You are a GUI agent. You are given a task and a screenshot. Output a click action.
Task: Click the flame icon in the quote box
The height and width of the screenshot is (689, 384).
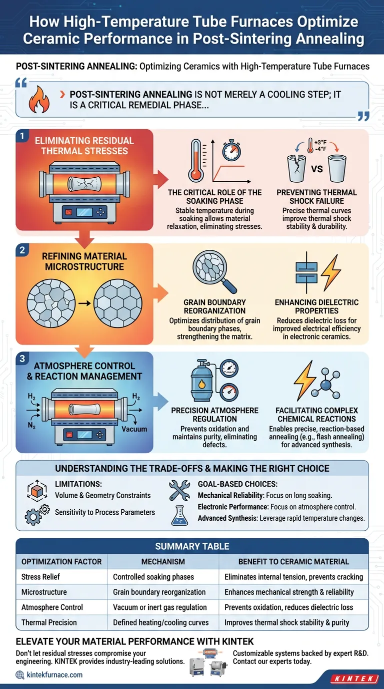click(39, 99)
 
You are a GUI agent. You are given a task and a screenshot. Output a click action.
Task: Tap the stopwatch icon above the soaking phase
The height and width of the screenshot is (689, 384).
click(231, 150)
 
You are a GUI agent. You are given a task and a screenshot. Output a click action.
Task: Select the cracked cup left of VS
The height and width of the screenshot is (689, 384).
click(296, 168)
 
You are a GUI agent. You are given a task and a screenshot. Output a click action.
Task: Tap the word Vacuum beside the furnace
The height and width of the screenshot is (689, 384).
click(134, 429)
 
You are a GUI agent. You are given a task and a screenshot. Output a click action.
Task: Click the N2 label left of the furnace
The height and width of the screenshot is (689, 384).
click(31, 426)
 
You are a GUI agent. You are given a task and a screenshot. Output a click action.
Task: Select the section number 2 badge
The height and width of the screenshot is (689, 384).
click(22, 250)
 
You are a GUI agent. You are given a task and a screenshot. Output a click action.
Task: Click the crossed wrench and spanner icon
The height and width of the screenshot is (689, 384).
click(179, 490)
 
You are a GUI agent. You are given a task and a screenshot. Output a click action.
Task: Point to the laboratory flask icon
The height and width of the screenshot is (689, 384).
click(179, 515)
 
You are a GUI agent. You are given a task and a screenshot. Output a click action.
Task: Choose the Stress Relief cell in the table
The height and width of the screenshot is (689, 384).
click(40, 577)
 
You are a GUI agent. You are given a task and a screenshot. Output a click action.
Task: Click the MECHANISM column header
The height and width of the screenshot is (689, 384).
click(163, 562)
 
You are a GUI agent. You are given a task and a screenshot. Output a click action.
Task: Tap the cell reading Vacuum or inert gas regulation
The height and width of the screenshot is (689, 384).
click(159, 607)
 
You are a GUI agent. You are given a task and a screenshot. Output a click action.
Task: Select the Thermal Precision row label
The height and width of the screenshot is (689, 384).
click(49, 622)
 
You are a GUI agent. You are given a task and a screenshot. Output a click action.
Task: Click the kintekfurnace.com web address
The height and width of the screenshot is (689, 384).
click(54, 675)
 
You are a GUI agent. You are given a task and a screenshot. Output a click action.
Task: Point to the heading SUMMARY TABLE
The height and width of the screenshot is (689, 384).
click(192, 546)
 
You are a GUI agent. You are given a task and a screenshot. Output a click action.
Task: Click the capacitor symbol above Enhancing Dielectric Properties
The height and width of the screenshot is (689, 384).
click(306, 272)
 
